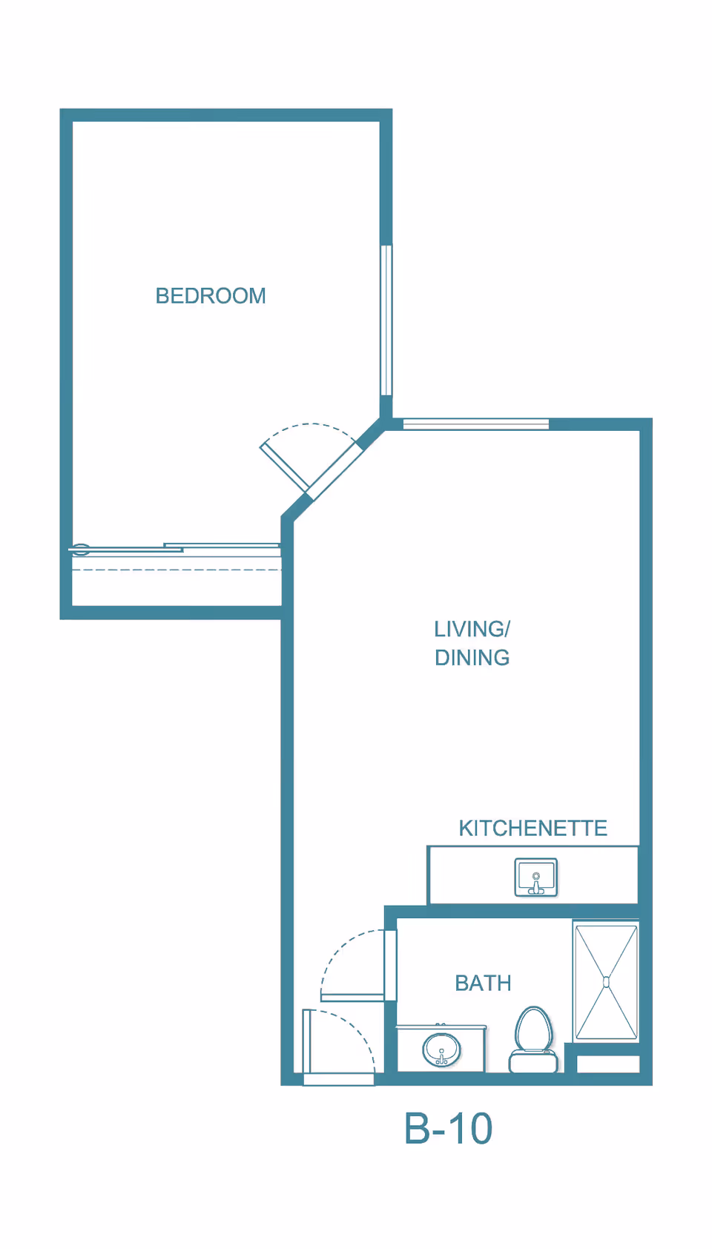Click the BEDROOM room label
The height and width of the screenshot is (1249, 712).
(x=210, y=295)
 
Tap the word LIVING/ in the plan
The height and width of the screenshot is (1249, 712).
(x=472, y=629)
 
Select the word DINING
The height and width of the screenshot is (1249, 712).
(x=472, y=657)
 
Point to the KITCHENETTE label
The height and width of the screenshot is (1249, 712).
(x=533, y=828)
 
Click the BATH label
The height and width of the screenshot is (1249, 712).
(x=483, y=983)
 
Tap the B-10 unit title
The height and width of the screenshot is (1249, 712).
(x=448, y=1129)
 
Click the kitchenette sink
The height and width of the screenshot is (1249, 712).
(x=535, y=877)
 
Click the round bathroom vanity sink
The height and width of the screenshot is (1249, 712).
(x=441, y=1049)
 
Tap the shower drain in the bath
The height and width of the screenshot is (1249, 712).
(x=606, y=983)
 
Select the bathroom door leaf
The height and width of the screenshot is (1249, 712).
(x=352, y=997)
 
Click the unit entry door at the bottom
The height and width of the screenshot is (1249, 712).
(x=306, y=1041)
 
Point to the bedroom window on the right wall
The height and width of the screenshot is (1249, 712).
(x=386, y=320)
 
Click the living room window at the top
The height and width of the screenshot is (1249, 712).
(x=475, y=424)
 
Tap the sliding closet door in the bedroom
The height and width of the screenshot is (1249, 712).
(x=174, y=547)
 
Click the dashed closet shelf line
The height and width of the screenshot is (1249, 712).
(x=177, y=570)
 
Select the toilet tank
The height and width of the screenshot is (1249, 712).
(x=533, y=1061)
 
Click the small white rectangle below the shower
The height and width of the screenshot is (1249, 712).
(x=607, y=1064)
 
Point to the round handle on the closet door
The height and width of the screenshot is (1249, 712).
(x=81, y=550)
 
